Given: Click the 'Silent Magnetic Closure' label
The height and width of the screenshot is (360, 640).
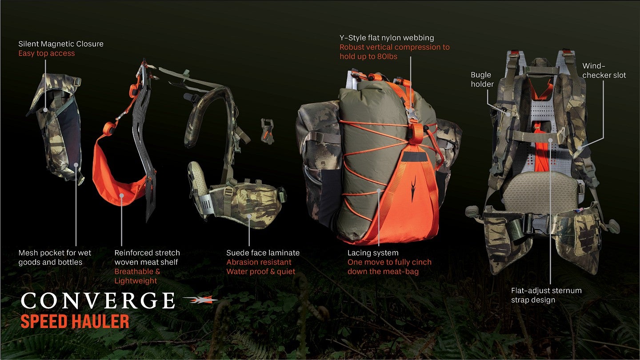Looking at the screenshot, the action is point(61,44).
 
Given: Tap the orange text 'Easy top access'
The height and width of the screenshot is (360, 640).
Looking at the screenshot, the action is point(47,53).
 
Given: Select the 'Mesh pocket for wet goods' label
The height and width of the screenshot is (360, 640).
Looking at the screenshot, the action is point(55,257).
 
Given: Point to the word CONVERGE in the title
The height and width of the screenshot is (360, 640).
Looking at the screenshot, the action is point(98,300).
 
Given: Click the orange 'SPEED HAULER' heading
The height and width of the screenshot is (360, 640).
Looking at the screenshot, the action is point(75,321).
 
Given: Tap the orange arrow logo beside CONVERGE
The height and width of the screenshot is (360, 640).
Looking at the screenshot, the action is point(200,300).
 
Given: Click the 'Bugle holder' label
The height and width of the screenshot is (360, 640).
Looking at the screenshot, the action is point(482,80).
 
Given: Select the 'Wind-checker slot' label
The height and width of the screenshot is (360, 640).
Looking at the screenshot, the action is point(604,71).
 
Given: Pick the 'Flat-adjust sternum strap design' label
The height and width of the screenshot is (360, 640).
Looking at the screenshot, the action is point(546,295).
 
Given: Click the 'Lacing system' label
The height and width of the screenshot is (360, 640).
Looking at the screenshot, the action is point(373,253).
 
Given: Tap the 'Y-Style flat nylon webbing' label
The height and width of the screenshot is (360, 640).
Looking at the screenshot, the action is point(387,38).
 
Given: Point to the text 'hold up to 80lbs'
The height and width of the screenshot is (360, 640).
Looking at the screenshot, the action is point(368,56).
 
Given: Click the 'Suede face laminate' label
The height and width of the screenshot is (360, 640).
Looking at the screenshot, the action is point(263,253).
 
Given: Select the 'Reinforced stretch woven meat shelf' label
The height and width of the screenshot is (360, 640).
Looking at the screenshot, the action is point(147,257).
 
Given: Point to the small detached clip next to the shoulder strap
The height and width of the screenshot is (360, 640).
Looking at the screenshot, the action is point(267,131).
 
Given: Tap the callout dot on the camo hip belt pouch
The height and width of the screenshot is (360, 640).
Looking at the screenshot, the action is point(249,216).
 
